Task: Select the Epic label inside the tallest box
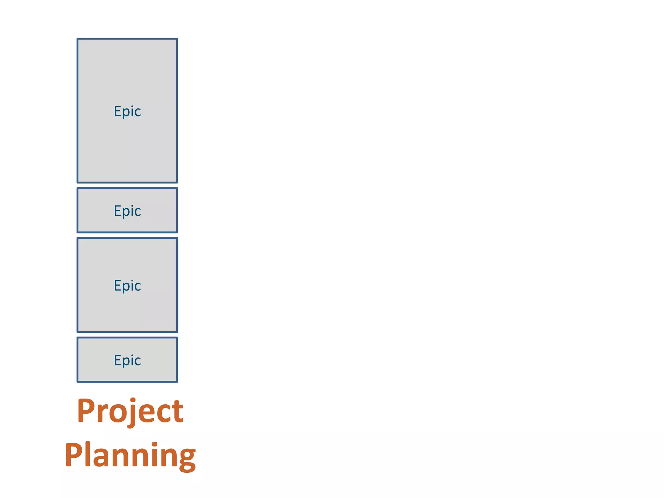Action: [x=127, y=111]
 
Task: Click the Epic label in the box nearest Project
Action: [x=127, y=360]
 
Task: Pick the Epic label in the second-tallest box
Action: [x=127, y=286]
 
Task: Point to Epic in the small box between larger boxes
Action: [x=127, y=211]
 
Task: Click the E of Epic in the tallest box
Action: [x=117, y=111]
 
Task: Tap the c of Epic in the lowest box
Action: [x=137, y=361]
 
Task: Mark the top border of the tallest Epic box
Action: [x=127, y=39]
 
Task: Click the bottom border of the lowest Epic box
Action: [x=127, y=382]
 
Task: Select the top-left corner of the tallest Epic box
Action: [x=77, y=39]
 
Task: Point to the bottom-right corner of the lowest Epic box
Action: [x=177, y=382]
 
